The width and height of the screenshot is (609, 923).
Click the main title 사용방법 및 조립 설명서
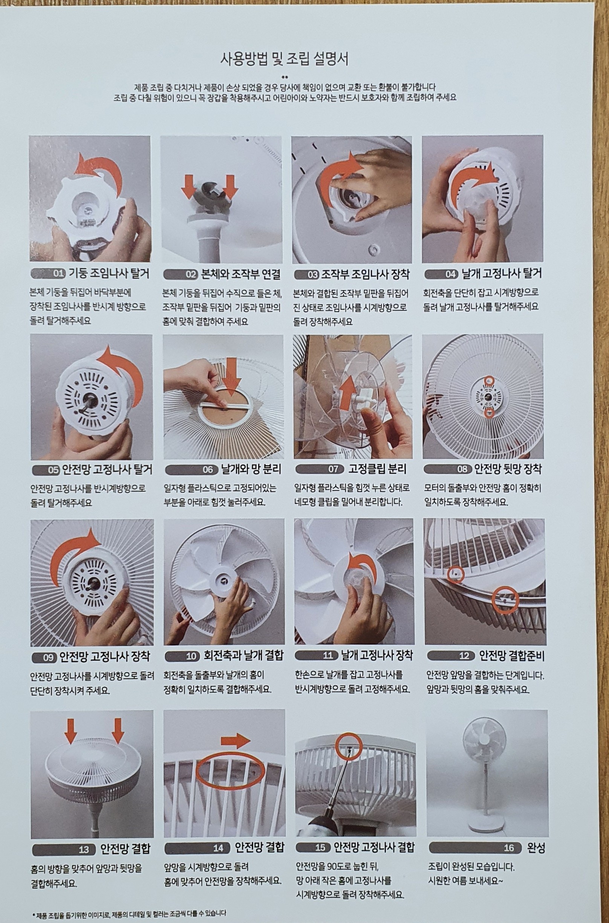point(285,60)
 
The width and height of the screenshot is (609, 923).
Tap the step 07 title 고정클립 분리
point(377,469)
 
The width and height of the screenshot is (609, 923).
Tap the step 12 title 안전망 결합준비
point(511,656)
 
